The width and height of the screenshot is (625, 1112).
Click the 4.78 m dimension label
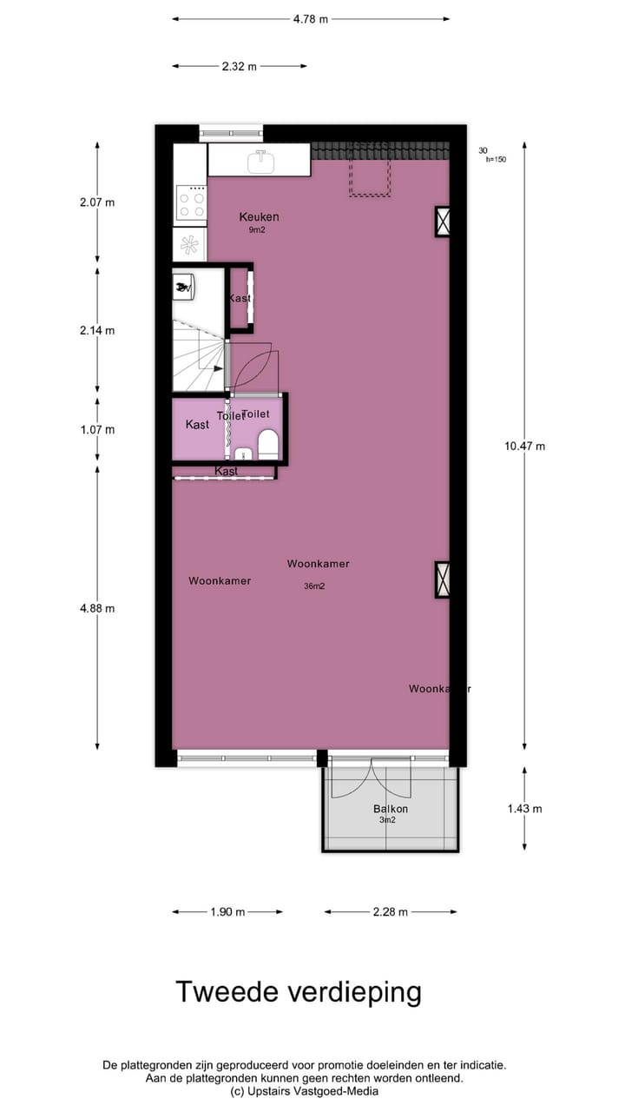pos(311,19)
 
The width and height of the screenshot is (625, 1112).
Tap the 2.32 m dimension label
pos(239,66)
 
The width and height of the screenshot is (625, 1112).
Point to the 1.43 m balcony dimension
pos(524,809)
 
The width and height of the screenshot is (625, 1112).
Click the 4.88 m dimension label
pos(97,608)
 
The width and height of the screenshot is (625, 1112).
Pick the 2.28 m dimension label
pos(390,912)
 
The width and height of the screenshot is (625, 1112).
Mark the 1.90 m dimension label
pos(227,912)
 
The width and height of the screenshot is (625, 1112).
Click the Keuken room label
pos(259,217)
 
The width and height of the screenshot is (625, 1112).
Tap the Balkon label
pos(390,809)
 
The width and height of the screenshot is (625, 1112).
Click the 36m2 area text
pos(314,586)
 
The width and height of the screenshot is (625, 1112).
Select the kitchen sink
pos(259,161)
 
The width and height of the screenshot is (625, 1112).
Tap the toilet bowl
pos(268,444)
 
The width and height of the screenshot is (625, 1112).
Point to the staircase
pos(198,356)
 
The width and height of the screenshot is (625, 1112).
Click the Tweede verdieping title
pos(299,992)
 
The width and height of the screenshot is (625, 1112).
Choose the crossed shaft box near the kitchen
pos(443,222)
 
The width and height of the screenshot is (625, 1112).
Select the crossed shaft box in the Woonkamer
pos(443,579)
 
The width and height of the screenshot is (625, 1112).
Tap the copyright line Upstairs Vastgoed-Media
pos(303,1091)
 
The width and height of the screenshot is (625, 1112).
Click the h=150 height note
pos(496,159)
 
